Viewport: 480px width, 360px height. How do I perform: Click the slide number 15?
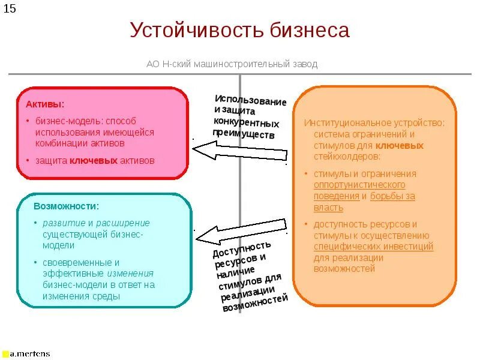pos(10,9)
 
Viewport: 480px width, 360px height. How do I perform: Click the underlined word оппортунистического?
pos(359,185)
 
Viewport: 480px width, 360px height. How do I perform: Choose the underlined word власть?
pos(328,208)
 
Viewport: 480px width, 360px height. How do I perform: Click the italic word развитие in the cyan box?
pos(59,223)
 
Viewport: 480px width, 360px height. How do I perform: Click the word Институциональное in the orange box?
pos(343,123)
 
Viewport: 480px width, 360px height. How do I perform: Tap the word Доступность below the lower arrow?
pos(242,248)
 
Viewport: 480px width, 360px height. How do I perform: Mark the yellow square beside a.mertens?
pos(5,354)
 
